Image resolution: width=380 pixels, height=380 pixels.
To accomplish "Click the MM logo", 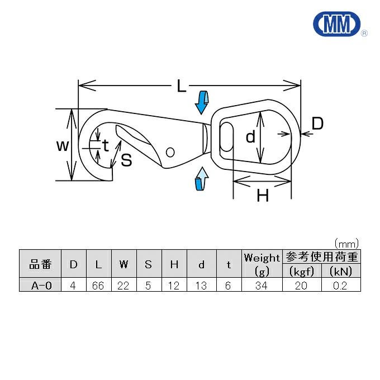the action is (338, 24).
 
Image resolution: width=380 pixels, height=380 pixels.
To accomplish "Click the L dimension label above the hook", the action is (181, 86).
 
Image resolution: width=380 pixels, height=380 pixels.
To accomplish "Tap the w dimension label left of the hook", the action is (63, 145).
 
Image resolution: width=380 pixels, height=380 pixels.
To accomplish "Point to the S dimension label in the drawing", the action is (126, 160).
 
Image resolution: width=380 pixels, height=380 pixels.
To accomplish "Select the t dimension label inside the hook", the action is (106, 146).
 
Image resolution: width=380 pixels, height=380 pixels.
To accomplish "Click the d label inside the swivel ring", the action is (250, 136).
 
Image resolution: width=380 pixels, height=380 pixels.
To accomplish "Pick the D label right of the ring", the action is (317, 123).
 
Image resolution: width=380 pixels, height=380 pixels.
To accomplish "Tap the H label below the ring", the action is (263, 196).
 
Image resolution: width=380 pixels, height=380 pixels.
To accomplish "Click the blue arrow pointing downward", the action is (202, 102).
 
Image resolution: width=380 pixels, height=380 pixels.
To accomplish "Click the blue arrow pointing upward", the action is (202, 178).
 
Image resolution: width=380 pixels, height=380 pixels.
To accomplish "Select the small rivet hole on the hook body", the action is (170, 152).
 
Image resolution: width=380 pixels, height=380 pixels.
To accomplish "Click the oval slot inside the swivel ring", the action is (226, 137).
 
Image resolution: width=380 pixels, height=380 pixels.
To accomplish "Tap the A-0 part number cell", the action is (40, 284).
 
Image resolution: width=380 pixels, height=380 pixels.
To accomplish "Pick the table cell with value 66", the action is (98, 286).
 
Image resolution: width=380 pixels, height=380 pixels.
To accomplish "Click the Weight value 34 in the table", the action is (262, 286).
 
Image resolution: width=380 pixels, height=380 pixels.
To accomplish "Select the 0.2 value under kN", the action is (340, 286).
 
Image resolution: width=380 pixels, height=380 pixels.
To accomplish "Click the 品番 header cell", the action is (40, 264).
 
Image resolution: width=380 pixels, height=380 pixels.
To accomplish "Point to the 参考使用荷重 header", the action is (321, 256).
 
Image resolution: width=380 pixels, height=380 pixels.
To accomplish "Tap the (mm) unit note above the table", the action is (346, 244).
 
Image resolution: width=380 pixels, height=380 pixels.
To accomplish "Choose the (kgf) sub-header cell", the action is (302, 271).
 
